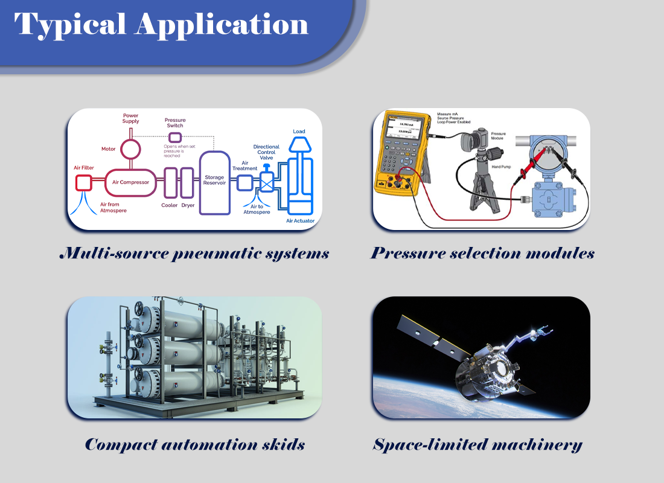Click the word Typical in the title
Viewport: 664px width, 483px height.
pyautogui.click(x=69, y=24)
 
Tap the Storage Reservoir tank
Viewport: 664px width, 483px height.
pyautogui.click(x=214, y=181)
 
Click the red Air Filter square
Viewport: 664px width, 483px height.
pyautogui.click(x=83, y=182)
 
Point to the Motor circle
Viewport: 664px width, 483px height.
pyautogui.click(x=130, y=148)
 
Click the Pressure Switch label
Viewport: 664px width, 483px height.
pyautogui.click(x=175, y=123)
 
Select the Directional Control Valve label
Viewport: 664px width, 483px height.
pyautogui.click(x=266, y=152)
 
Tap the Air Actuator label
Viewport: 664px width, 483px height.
pyautogui.click(x=300, y=221)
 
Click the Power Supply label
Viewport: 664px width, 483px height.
pyautogui.click(x=130, y=118)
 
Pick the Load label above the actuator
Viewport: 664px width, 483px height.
pyautogui.click(x=299, y=131)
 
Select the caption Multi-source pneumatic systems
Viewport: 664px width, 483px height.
pyautogui.click(x=194, y=253)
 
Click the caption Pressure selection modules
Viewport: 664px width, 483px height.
pyautogui.click(x=482, y=253)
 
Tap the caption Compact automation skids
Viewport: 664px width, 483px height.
pyautogui.click(x=194, y=445)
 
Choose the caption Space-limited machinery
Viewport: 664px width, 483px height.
pyautogui.click(x=477, y=445)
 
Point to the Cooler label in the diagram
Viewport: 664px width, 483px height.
pyautogui.click(x=170, y=205)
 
